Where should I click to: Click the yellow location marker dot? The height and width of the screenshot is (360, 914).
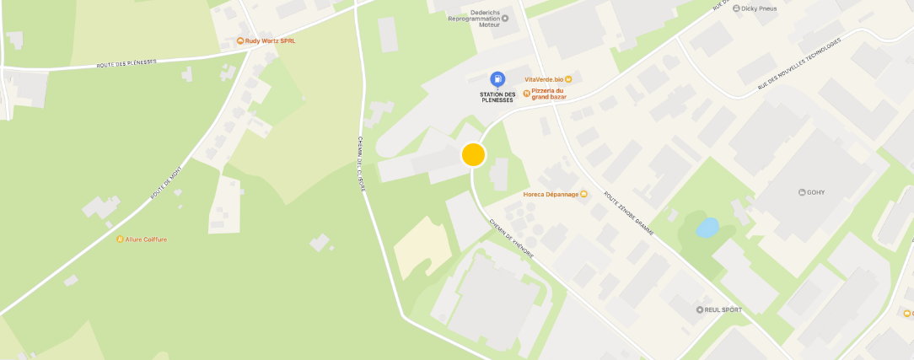click(x=474, y=154)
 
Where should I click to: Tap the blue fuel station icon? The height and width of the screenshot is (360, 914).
click(x=497, y=79)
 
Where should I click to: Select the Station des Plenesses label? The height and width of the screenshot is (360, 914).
click(x=497, y=96)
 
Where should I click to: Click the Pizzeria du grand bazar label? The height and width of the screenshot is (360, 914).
click(x=549, y=94)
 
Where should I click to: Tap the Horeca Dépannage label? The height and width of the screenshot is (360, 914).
click(x=551, y=194)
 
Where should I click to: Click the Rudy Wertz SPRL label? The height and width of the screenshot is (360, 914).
click(x=270, y=40)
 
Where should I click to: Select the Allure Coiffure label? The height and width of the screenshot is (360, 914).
click(x=146, y=239)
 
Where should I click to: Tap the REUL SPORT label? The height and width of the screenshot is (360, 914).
click(x=723, y=309)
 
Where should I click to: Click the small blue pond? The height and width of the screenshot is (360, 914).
click(x=707, y=227)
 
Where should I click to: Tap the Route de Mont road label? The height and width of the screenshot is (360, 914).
click(x=166, y=184)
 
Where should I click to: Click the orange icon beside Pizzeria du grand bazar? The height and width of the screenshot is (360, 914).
click(x=526, y=94)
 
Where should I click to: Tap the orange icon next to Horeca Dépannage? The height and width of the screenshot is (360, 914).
click(x=583, y=194)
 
